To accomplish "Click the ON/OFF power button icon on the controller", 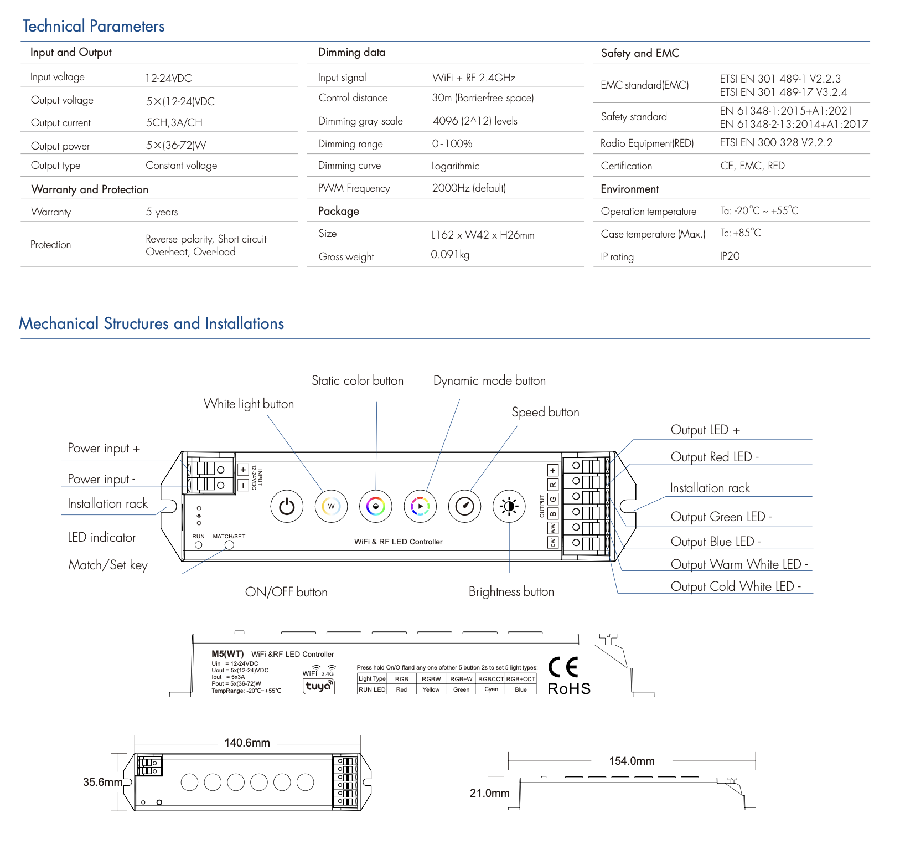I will click(x=287, y=506).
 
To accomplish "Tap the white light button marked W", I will click(x=331, y=506).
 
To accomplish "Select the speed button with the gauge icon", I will click(x=464, y=506).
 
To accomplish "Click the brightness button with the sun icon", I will click(x=509, y=506).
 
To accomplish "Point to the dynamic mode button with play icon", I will click(x=420, y=506).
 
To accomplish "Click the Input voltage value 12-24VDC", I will click(x=168, y=78).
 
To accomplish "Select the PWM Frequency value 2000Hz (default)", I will click(x=469, y=188).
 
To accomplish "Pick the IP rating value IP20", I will click(x=730, y=256).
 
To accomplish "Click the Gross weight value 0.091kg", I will click(x=450, y=255).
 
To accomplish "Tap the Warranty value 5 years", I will click(x=162, y=212).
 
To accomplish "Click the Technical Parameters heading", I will click(x=94, y=26).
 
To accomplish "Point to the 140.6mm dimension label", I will click(x=247, y=743).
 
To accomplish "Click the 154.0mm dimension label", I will click(x=632, y=761).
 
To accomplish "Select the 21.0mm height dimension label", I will click(x=489, y=793).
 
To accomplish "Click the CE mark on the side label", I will click(x=563, y=667).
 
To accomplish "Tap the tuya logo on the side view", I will click(x=318, y=686).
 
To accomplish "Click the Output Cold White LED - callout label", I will click(x=736, y=586).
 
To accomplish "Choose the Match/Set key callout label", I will click(x=108, y=565).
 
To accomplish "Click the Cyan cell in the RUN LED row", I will click(x=491, y=689).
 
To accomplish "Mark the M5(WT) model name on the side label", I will click(x=227, y=654).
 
